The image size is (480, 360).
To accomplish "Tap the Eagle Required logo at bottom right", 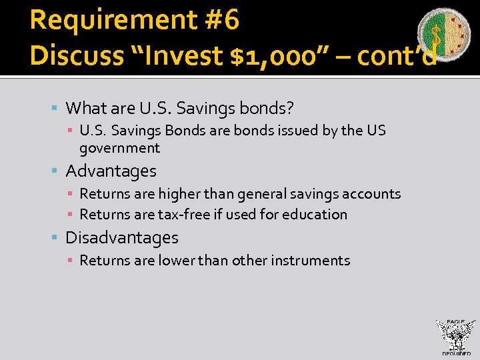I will (x=455, y=337).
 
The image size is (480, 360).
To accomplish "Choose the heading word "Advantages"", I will (x=111, y=171).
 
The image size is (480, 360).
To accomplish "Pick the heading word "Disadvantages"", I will (x=122, y=238).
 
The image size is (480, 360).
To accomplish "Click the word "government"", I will (x=119, y=148).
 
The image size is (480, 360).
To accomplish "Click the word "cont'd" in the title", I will (x=397, y=57).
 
